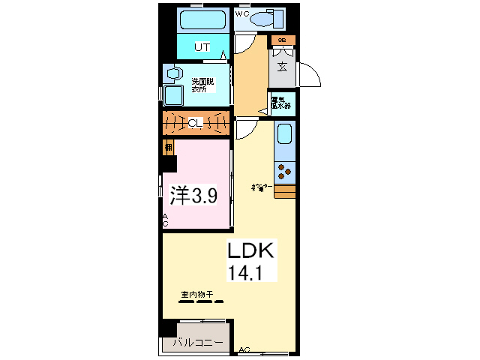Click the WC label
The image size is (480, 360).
point(242,13)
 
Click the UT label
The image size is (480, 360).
point(201,46)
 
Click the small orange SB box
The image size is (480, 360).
point(283,40)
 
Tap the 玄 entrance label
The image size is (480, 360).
point(282,67)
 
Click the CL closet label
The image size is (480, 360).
point(194,122)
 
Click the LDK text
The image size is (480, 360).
point(254,250)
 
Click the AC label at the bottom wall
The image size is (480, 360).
point(244,349)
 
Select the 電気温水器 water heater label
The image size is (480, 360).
point(282,102)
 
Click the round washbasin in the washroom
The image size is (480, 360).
point(174,73)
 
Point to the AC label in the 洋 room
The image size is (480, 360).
point(166,220)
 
